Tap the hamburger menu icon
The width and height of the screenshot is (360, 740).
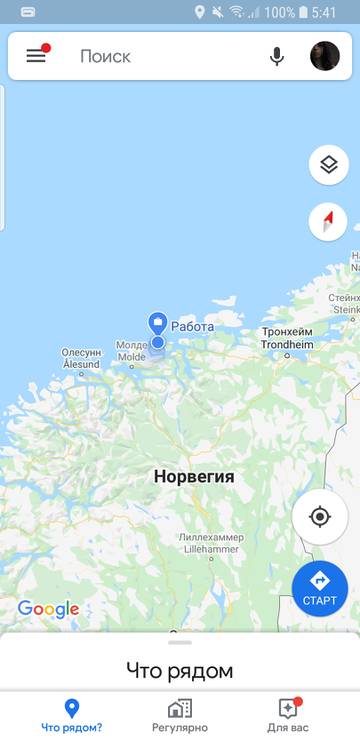(x=36, y=56)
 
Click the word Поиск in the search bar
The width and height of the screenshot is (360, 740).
(x=105, y=56)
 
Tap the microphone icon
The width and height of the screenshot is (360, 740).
(x=277, y=56)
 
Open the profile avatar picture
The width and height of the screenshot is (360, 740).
(x=325, y=56)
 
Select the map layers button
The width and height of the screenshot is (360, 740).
(x=328, y=165)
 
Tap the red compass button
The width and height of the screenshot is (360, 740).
(x=328, y=221)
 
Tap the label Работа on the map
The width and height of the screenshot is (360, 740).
(x=193, y=326)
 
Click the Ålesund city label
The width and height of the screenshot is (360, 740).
(x=82, y=359)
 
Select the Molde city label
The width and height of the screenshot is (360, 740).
(x=132, y=351)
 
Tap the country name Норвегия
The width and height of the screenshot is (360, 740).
(x=194, y=477)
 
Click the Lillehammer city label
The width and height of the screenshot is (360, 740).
(x=210, y=543)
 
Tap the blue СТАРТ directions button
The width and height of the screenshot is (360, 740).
(x=320, y=588)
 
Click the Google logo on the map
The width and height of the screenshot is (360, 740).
(x=48, y=609)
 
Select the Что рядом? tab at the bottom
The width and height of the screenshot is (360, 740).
(x=71, y=716)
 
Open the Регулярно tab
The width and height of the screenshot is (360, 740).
(x=180, y=716)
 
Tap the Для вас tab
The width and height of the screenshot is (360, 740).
(x=287, y=716)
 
